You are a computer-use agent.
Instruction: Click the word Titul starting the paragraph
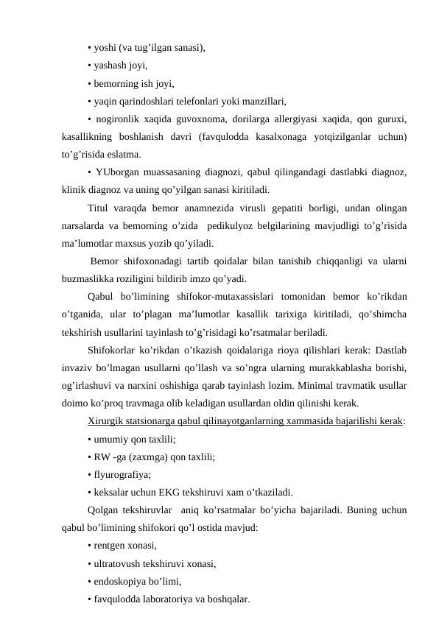(x=99, y=207)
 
